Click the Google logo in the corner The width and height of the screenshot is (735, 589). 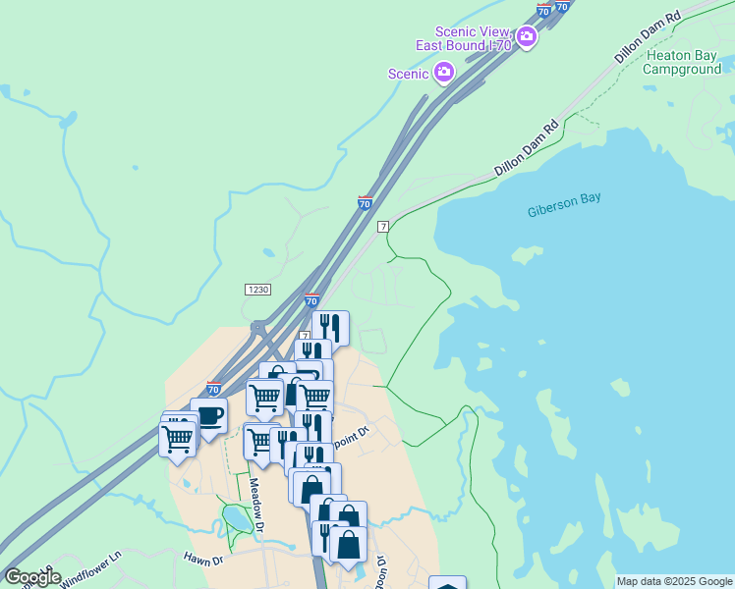32,577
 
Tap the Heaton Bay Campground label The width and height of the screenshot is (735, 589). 683,63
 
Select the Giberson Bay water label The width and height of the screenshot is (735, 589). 564,210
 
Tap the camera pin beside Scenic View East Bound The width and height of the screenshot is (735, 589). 526,38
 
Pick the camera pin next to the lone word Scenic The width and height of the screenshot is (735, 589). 444,72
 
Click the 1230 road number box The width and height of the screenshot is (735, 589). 257,290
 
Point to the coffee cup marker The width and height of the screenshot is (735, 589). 208,414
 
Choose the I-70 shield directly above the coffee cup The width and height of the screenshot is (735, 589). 213,389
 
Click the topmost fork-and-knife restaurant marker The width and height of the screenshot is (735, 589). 331,327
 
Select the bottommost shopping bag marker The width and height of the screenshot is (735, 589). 348,543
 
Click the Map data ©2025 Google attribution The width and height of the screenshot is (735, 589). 674,581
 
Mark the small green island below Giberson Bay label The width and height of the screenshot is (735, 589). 527,255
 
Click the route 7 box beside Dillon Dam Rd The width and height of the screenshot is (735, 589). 382,226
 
